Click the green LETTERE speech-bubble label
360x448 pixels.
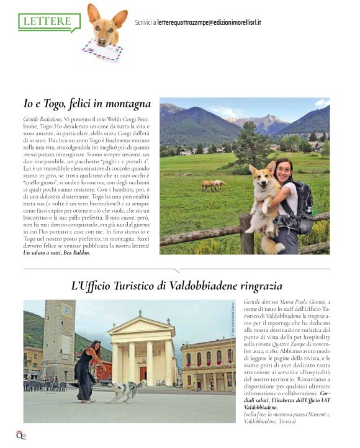point(49,22)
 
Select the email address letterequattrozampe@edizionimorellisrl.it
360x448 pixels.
point(209,22)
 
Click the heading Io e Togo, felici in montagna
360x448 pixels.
point(87,104)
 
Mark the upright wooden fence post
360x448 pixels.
point(246,233)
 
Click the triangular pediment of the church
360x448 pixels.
point(141,326)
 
